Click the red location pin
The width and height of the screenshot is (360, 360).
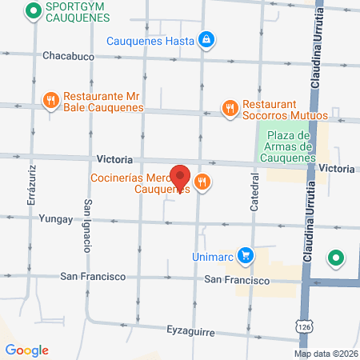pos(181,177)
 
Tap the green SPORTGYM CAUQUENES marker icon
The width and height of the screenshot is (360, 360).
pos(33,11)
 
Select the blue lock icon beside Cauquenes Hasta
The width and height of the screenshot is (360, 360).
pos(206,39)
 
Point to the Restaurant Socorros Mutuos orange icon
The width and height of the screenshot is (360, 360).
pos(230,107)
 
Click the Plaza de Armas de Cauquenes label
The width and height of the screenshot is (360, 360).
pos(289,146)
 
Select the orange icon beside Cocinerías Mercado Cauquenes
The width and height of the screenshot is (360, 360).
pos(202,182)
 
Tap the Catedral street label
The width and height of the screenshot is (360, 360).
pos(255,193)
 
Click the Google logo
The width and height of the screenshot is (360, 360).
pos(26,350)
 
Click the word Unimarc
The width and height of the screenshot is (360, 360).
pos(213,257)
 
